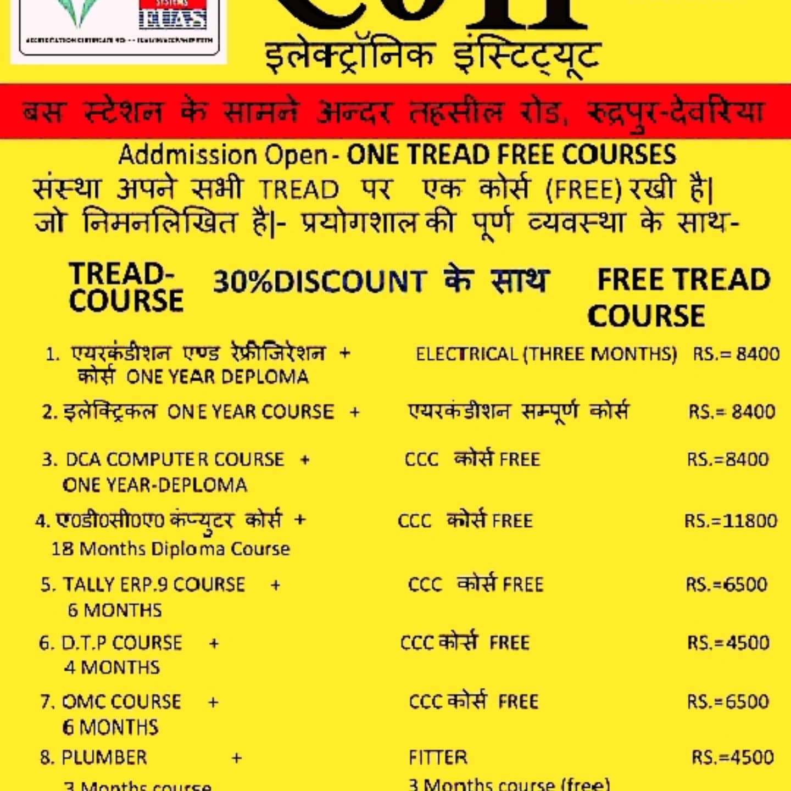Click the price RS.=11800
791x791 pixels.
pos(731,520)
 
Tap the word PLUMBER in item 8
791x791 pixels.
pos(104,757)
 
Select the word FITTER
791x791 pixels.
pos(438,757)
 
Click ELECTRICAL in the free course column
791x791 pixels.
pos(466,354)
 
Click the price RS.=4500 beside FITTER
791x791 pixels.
pos(733,757)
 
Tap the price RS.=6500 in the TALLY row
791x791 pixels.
pos(726,584)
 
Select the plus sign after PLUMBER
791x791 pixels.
pos(237,758)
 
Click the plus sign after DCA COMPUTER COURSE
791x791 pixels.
pos(305,459)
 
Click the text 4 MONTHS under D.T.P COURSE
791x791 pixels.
pos(112,667)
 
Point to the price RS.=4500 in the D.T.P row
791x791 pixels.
pos(728,643)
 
